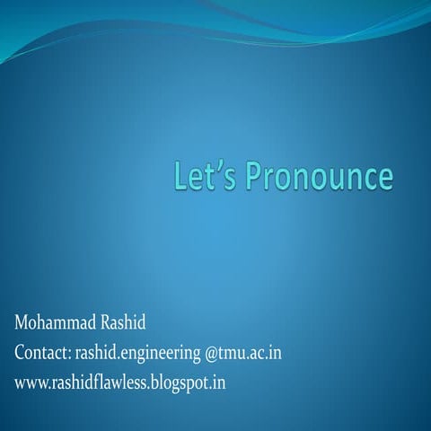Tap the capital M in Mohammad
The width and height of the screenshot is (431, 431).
[x=21, y=323]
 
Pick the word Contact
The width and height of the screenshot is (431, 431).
[x=42, y=353]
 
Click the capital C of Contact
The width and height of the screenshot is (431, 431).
[x=20, y=353]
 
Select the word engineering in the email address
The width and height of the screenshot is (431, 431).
[x=161, y=354]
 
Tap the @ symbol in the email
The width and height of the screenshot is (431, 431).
[x=212, y=354]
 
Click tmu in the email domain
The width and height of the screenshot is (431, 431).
[x=232, y=354]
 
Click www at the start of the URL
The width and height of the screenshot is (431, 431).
[x=32, y=383]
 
